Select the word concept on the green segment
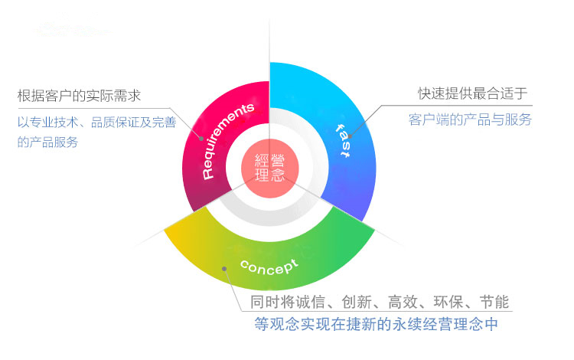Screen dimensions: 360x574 [269, 267]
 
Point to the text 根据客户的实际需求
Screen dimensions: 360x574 [80, 96]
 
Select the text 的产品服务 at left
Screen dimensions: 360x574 [47, 142]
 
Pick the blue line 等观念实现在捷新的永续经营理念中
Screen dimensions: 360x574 [376, 324]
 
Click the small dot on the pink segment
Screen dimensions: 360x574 [201, 139]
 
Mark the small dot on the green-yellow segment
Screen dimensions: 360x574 [223, 268]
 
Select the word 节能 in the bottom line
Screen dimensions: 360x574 [494, 301]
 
